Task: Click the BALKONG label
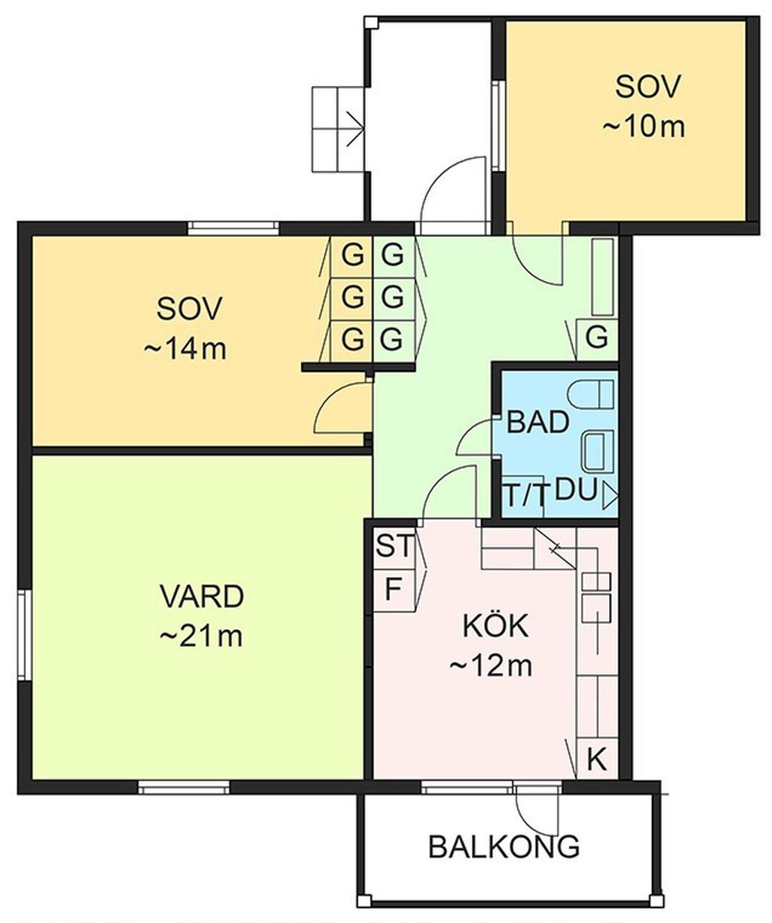(x=504, y=847)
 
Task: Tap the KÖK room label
(x=495, y=625)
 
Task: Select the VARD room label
(x=202, y=596)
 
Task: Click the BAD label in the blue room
(x=538, y=422)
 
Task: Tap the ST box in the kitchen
(x=394, y=546)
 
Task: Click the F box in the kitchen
(x=394, y=589)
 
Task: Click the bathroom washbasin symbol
(x=598, y=451)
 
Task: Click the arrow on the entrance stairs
(x=356, y=129)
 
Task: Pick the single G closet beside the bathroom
(x=597, y=338)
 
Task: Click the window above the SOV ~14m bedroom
(x=233, y=228)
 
